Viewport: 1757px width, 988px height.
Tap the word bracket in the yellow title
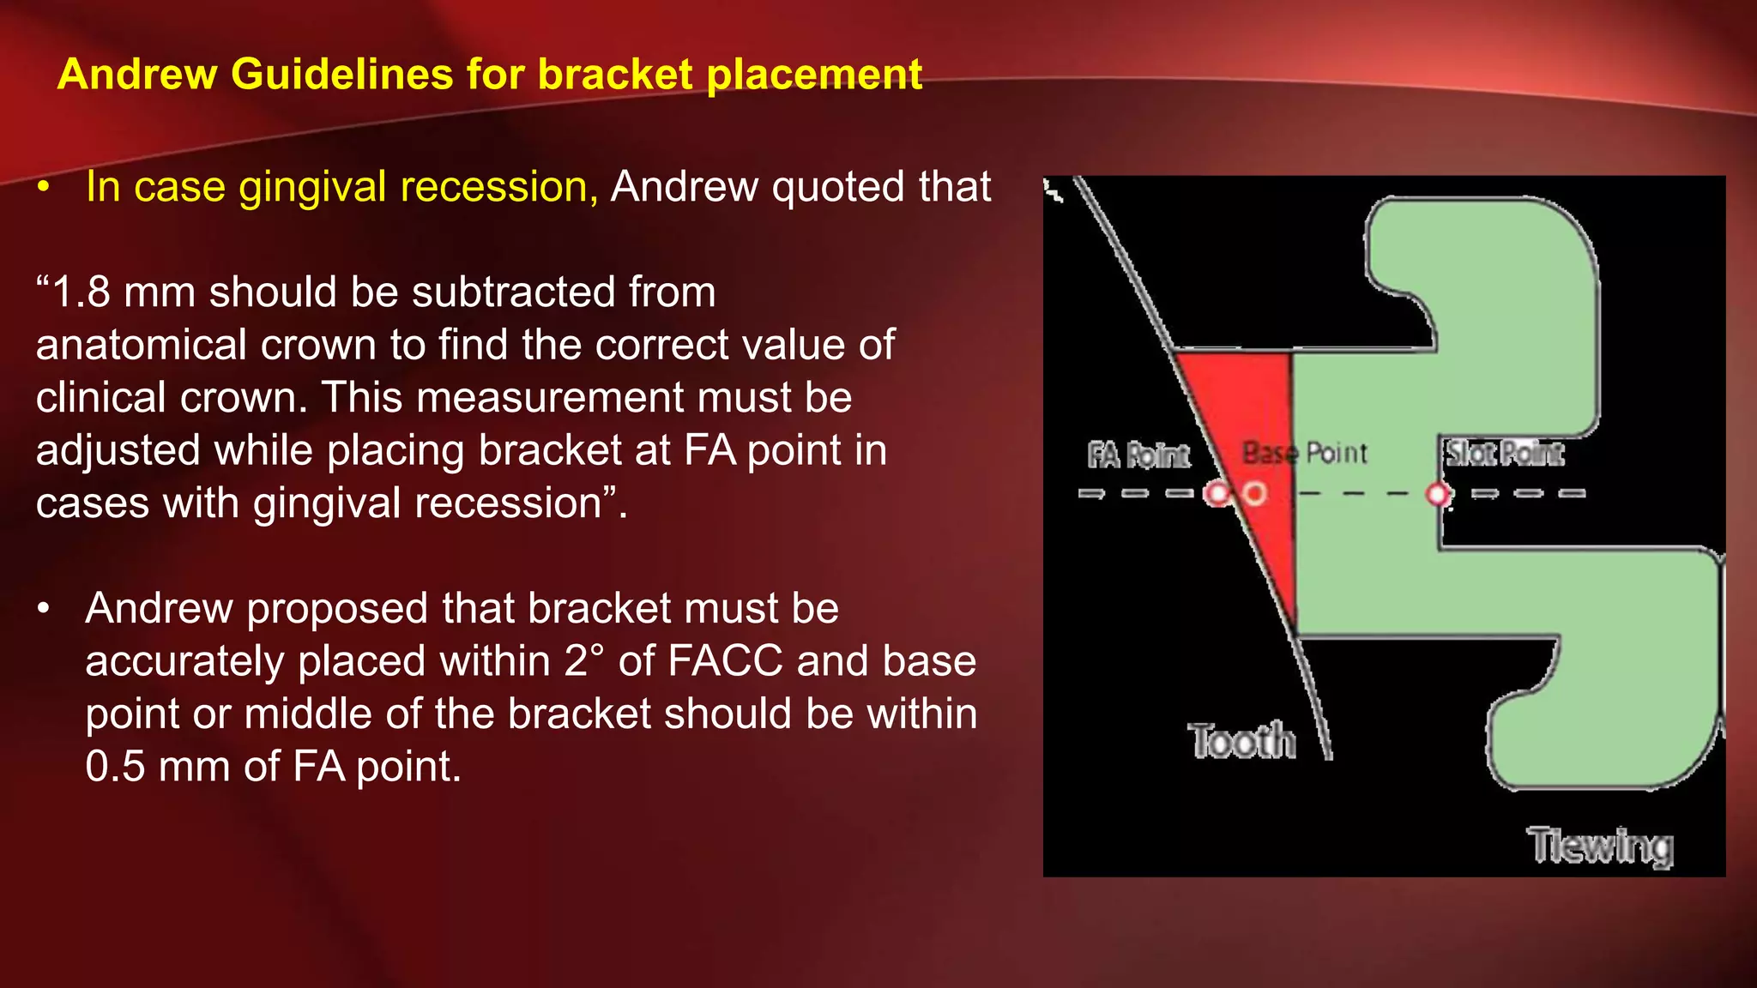click(614, 74)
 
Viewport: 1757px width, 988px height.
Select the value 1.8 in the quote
click(81, 292)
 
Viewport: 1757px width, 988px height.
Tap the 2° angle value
click(584, 661)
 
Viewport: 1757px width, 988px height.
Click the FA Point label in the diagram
click(1138, 455)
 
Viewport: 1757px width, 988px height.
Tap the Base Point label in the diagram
click(1304, 453)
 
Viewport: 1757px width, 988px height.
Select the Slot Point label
click(1504, 453)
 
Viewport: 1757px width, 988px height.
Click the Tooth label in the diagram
click(1241, 741)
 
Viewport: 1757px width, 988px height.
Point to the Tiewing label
click(1600, 846)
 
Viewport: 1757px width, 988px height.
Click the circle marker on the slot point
click(1439, 494)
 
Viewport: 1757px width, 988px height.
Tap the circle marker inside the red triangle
click(1255, 494)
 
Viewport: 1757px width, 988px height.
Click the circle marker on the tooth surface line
click(1217, 494)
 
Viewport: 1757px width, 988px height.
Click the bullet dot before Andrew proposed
click(45, 609)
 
